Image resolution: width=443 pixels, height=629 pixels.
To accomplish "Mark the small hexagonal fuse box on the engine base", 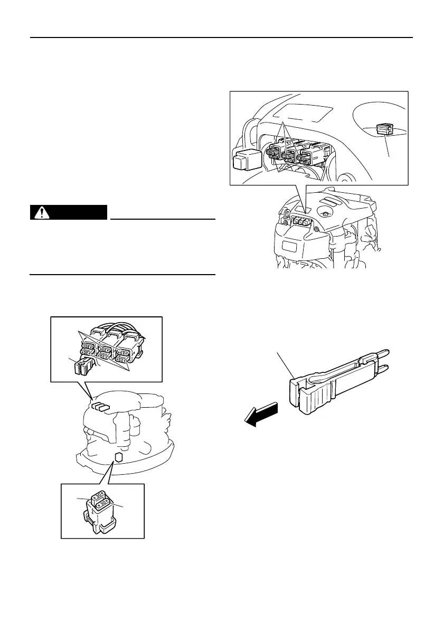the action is pos(119,456).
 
